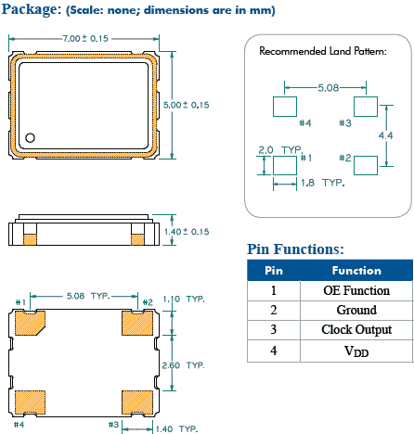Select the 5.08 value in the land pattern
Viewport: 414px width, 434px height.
point(327,87)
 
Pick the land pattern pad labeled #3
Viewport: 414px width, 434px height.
point(366,105)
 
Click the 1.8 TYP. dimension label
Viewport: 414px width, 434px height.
point(320,183)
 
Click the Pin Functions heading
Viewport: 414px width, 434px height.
point(296,249)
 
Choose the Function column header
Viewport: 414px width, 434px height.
point(356,271)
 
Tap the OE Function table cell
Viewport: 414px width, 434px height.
point(356,290)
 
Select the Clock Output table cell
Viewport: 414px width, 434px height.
point(356,330)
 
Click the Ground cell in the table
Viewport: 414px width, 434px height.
point(356,310)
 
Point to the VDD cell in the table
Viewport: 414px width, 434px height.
point(356,351)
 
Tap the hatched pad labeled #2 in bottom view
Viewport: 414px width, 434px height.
point(137,323)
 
